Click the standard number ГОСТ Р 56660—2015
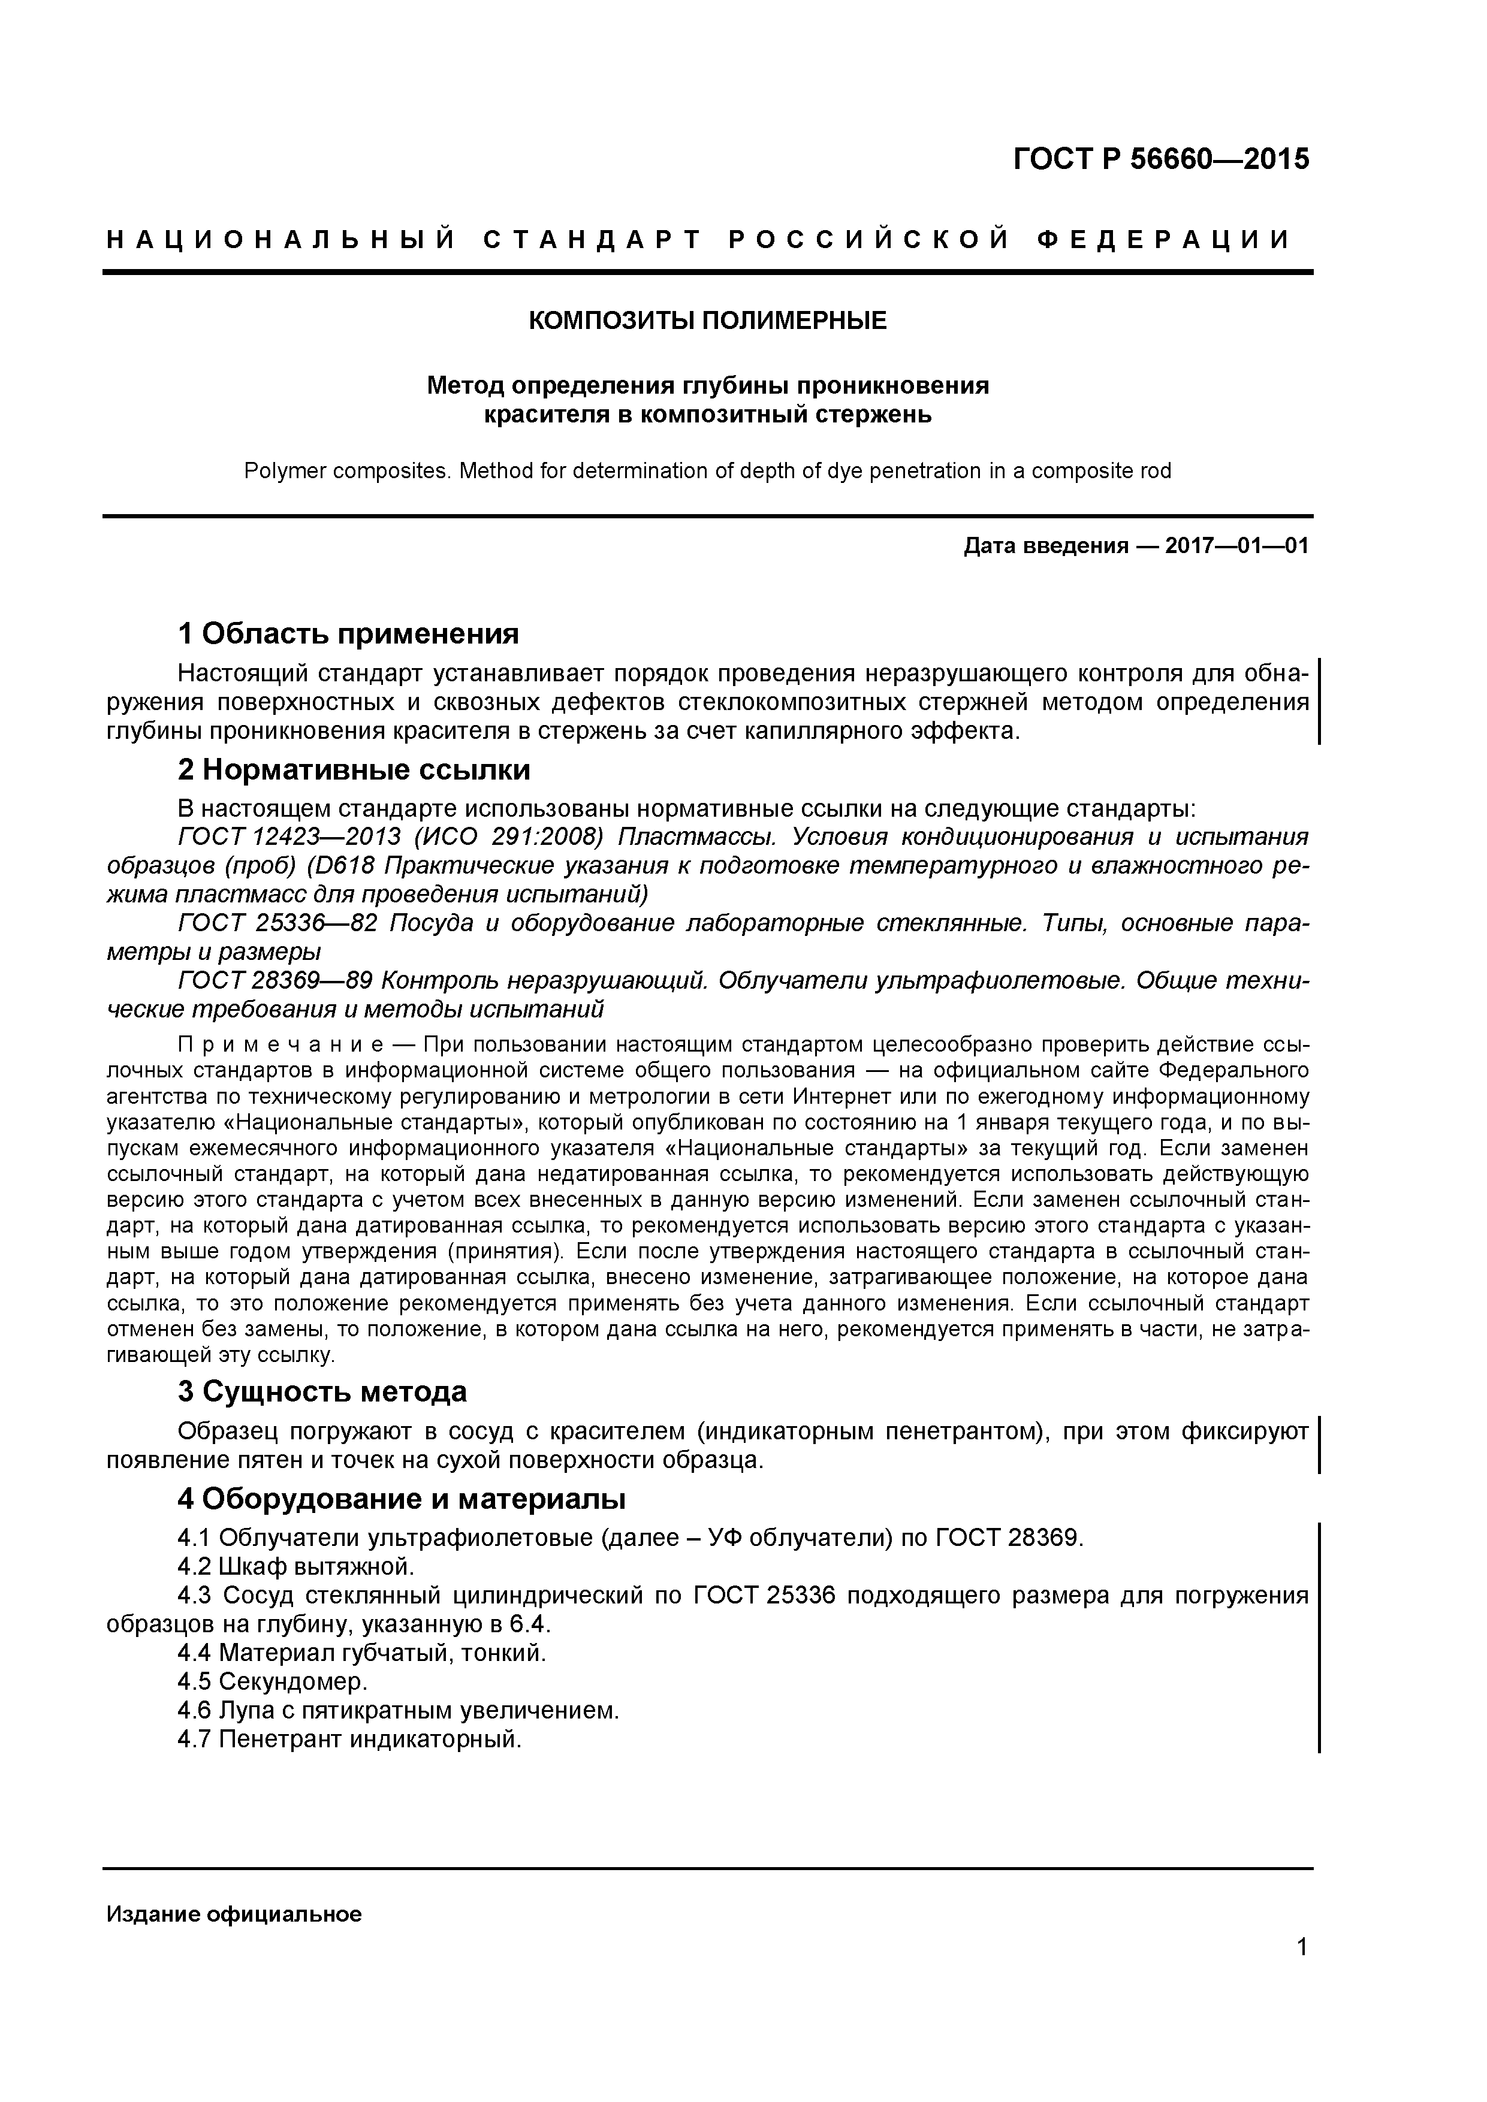(1161, 159)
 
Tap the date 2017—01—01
(1236, 546)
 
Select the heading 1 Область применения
(348, 633)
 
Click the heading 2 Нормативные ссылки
(354, 770)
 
